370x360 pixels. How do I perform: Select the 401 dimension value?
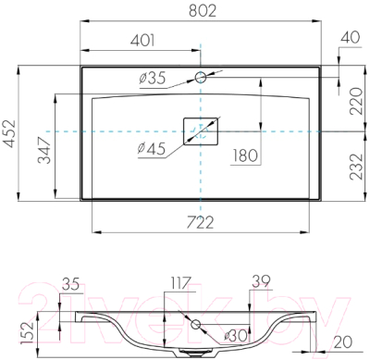141,41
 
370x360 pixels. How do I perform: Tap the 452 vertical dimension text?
9,133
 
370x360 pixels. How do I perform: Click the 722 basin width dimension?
201,221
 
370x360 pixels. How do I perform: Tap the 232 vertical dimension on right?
354,170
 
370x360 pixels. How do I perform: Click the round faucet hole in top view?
201,77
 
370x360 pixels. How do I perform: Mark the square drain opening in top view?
201,132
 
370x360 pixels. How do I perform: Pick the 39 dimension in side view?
261,280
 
